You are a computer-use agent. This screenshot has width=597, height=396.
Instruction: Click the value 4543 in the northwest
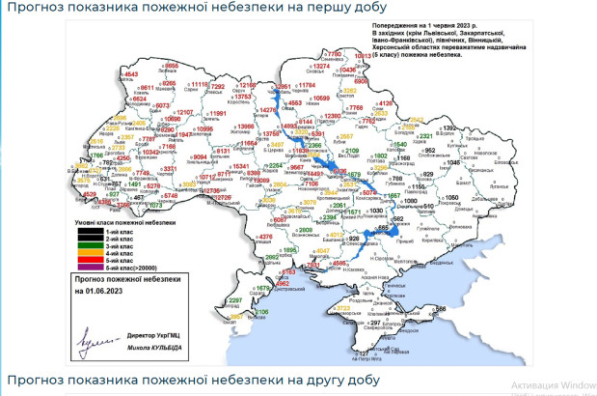coord(132,74)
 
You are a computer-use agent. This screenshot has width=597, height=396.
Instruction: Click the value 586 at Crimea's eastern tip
coord(441,308)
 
